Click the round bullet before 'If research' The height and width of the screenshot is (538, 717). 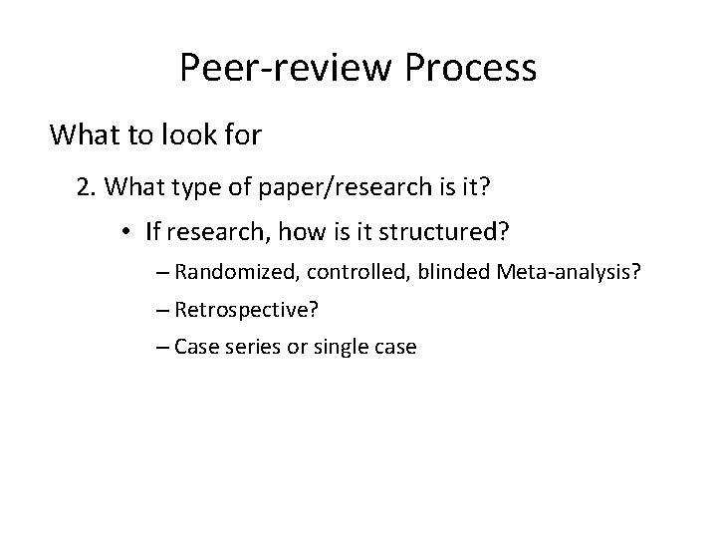[x=129, y=233]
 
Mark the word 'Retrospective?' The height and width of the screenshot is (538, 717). [x=246, y=310]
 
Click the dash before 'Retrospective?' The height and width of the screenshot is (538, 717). [x=163, y=310]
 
